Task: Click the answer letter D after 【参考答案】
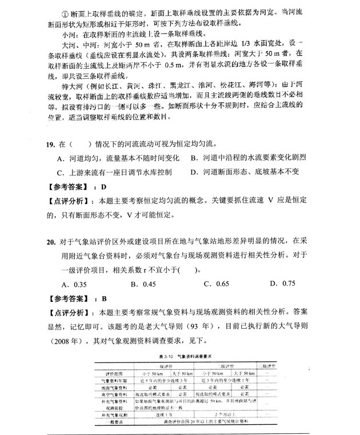(x=103, y=187)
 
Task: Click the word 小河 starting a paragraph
(x=55, y=33)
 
